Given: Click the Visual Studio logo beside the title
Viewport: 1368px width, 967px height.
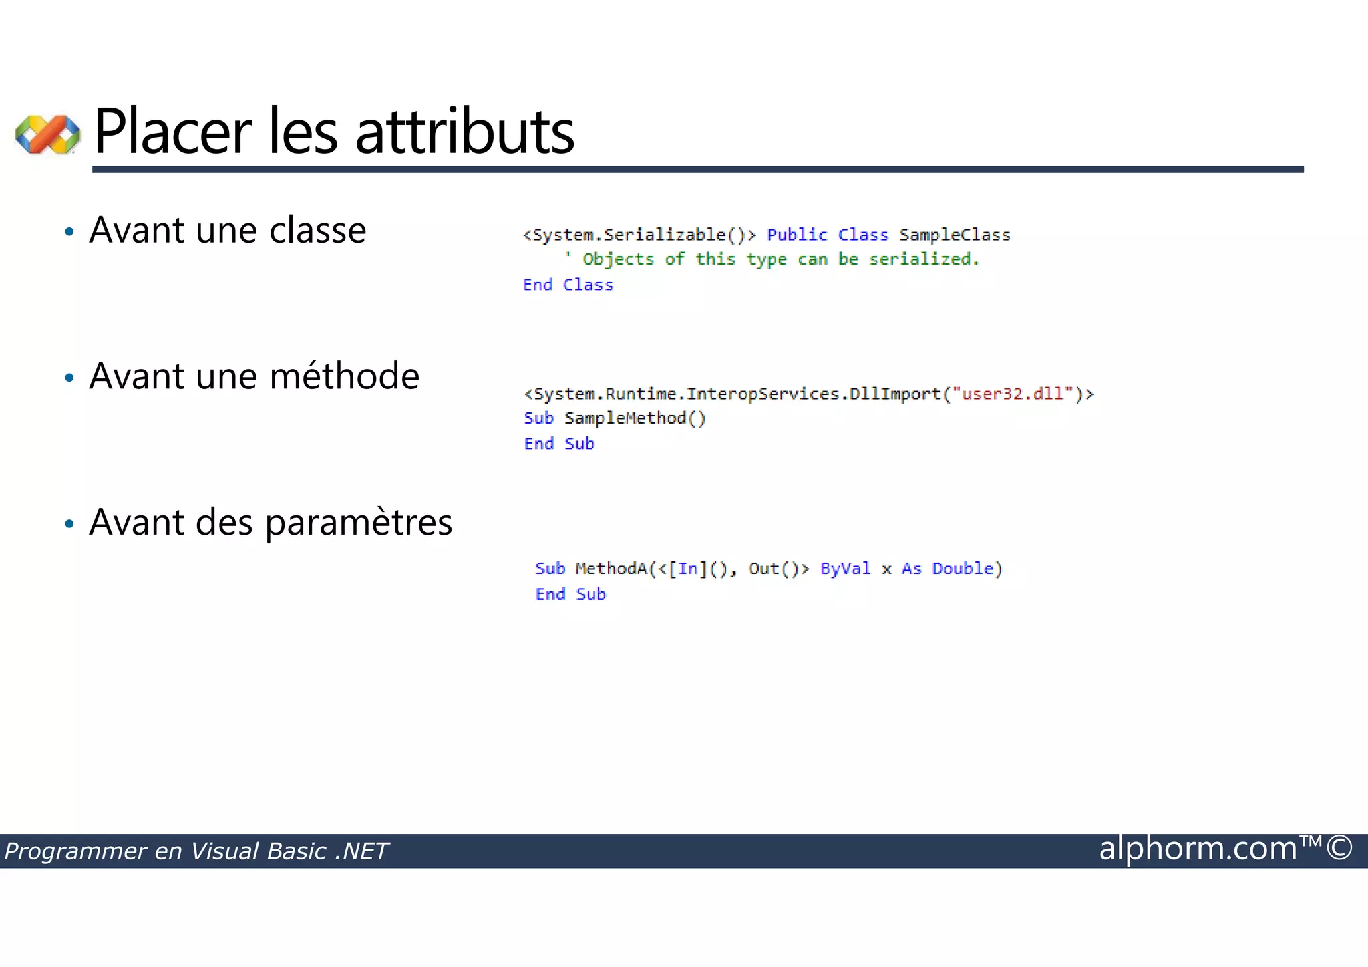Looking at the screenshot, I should (x=48, y=134).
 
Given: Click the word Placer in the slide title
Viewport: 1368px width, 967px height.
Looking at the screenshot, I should (x=173, y=132).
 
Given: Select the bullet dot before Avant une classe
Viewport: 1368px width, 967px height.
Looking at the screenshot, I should (x=69, y=233).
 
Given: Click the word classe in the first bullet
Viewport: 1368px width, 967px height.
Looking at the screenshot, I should (x=317, y=231).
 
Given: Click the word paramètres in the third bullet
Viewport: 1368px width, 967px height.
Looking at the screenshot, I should (x=359, y=523).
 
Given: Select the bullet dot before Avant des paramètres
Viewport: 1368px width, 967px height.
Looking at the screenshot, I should (x=69, y=524).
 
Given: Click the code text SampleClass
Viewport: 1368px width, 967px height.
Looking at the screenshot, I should (x=955, y=235).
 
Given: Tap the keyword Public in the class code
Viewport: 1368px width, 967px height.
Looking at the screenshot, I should (x=797, y=235).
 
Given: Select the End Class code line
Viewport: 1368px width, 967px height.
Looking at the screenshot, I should (x=568, y=285).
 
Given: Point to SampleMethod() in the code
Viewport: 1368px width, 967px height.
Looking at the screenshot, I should (x=635, y=418).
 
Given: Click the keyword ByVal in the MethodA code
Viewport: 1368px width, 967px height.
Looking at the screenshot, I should (x=845, y=569).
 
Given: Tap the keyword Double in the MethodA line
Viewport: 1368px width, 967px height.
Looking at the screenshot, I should (x=963, y=569).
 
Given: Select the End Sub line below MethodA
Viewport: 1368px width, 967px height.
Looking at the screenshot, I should (x=570, y=594).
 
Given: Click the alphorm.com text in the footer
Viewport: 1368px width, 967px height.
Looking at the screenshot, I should (x=1198, y=849).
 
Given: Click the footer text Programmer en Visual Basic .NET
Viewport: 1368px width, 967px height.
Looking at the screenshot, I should (x=196, y=851).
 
